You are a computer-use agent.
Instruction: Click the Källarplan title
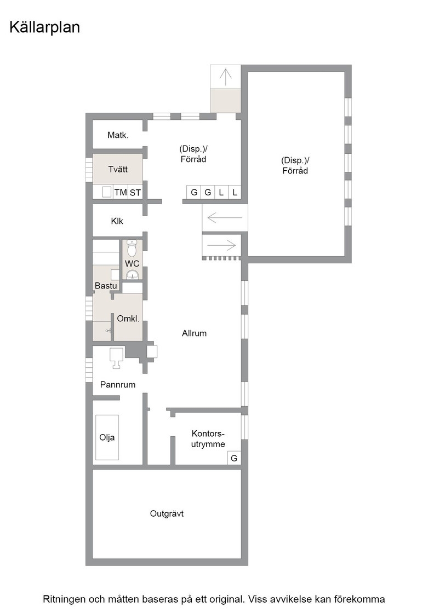coord(44,27)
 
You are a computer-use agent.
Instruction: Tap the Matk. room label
coord(118,135)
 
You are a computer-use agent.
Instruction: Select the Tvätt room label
coord(118,169)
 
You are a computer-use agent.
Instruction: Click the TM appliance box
coord(121,192)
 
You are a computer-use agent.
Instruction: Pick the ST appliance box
coord(135,192)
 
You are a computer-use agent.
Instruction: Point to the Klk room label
coord(117,221)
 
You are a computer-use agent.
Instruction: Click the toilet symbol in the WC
coord(132,247)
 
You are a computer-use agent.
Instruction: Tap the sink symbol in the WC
coord(133,274)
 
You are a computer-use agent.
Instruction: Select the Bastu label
coord(106,286)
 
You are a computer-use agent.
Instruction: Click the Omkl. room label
coord(128,319)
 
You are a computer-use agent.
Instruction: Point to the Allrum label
coord(194,333)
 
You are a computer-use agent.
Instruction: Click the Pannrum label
coord(118,384)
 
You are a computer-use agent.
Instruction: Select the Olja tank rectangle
coord(107,437)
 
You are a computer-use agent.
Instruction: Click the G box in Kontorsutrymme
coord(234,458)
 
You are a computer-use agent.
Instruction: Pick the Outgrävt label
coord(167,514)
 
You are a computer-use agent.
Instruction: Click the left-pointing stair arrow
coord(225,217)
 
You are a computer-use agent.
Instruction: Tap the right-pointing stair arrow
coord(221,246)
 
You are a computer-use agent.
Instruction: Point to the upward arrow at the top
coord(225,77)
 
